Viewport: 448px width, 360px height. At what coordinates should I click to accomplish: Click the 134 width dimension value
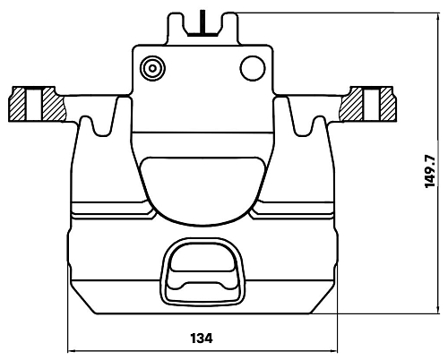(202, 339)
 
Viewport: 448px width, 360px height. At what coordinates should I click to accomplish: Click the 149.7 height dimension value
(430, 171)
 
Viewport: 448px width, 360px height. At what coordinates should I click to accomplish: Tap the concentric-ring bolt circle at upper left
(152, 68)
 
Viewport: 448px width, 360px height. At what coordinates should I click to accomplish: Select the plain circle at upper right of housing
(253, 68)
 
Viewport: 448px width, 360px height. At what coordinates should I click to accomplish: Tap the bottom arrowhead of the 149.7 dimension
(438, 309)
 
